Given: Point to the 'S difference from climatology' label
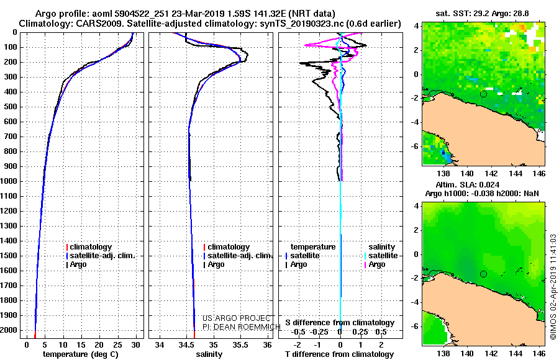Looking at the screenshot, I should (340, 323).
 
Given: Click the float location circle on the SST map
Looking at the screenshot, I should (483, 94).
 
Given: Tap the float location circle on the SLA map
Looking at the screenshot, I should (483, 274).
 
